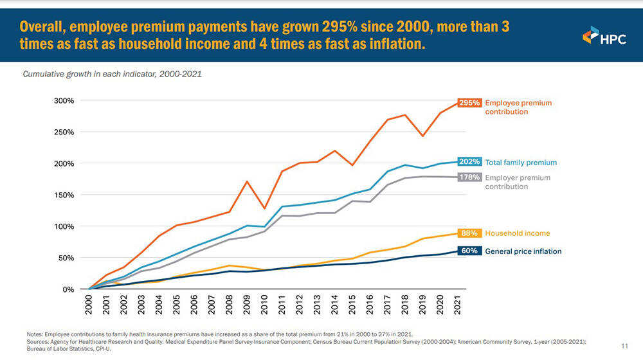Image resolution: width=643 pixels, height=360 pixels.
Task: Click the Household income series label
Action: pyautogui.click(x=517, y=233)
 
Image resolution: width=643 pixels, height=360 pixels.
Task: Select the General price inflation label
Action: pyautogui.click(x=523, y=251)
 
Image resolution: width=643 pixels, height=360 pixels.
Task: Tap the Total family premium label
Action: pyautogui.click(x=520, y=163)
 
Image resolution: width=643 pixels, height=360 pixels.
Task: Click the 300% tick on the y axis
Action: pyautogui.click(x=64, y=101)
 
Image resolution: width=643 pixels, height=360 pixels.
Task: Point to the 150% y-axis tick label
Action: pyautogui.click(x=64, y=195)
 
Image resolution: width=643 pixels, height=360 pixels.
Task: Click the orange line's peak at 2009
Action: pyautogui.click(x=246, y=181)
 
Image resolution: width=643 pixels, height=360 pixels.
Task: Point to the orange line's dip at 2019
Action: pyautogui.click(x=422, y=136)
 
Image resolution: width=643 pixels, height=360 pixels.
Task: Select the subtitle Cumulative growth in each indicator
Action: pyautogui.click(x=113, y=74)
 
